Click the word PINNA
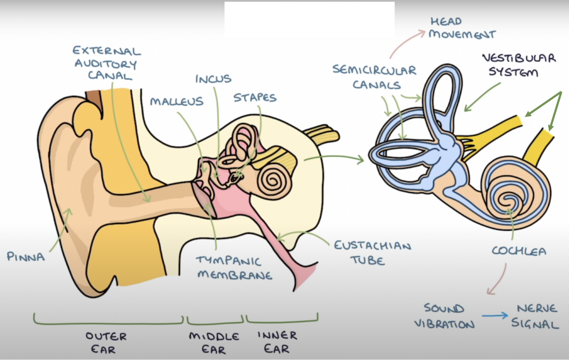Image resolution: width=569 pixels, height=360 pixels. pyautogui.click(x=26, y=256)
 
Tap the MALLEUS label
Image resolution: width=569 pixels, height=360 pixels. pyautogui.click(x=176, y=102)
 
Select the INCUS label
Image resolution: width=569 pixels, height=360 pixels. pyautogui.click(x=213, y=79)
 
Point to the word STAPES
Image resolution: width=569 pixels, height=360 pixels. pyautogui.click(x=255, y=98)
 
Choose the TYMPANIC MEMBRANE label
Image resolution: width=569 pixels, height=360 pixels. pyautogui.click(x=234, y=267)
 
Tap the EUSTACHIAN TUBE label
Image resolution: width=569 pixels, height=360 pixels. pyautogui.click(x=372, y=253)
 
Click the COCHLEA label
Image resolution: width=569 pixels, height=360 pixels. pyautogui.click(x=519, y=251)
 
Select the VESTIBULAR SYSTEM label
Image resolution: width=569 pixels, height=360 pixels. pyautogui.click(x=519, y=65)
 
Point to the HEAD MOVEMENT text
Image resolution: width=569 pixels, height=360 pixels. pyautogui.click(x=462, y=28)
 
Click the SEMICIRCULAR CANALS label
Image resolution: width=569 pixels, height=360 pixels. pyautogui.click(x=374, y=77)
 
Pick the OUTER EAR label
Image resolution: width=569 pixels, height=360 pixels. pyautogui.click(x=106, y=343)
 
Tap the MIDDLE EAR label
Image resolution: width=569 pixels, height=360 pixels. pyautogui.click(x=214, y=343)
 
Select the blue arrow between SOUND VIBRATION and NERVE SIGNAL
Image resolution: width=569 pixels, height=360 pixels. pyautogui.click(x=495, y=316)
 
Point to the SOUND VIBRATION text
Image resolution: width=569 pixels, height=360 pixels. pyautogui.click(x=444, y=316)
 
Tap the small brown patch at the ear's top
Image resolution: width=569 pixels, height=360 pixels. pyautogui.click(x=94, y=99)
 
